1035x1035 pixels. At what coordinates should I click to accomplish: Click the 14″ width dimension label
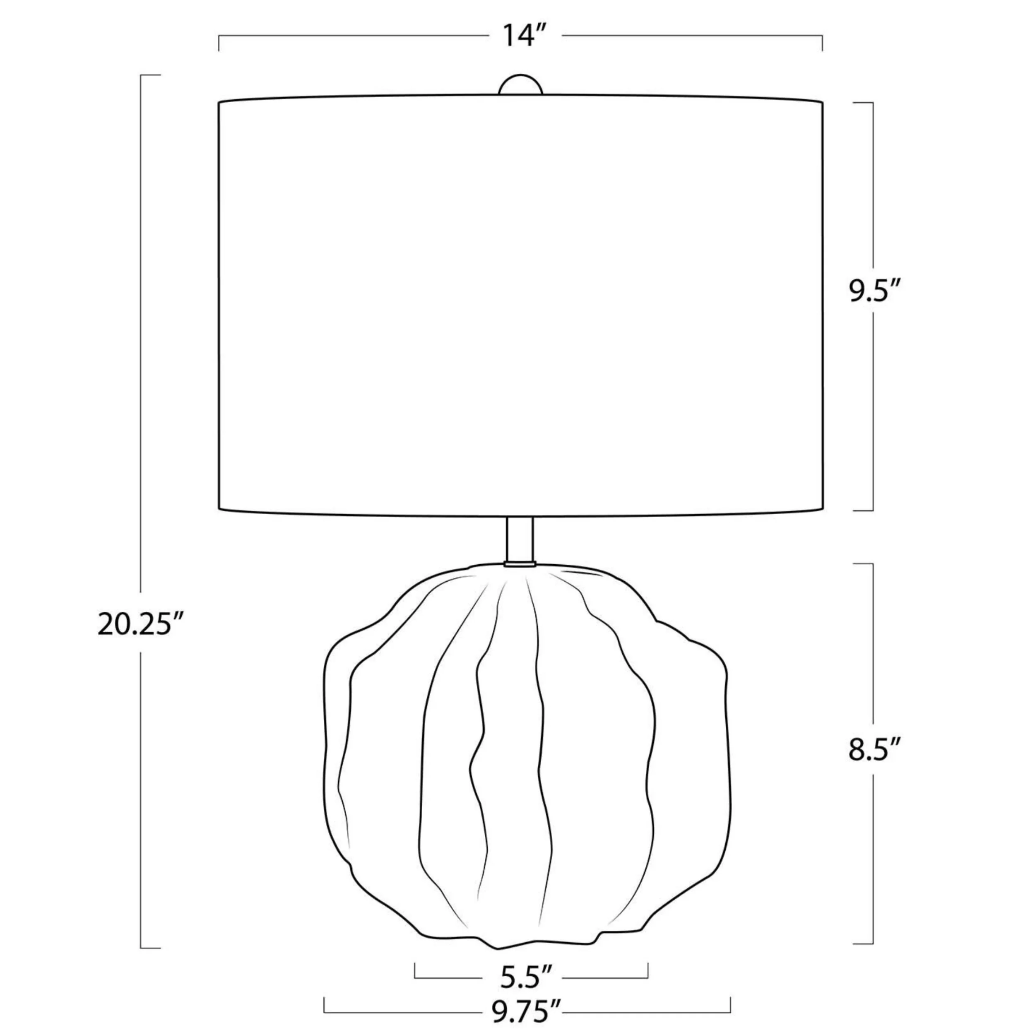coord(525,36)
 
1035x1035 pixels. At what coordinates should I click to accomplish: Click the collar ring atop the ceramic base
coord(520,564)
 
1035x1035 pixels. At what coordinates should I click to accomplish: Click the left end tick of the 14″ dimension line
coord(219,43)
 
